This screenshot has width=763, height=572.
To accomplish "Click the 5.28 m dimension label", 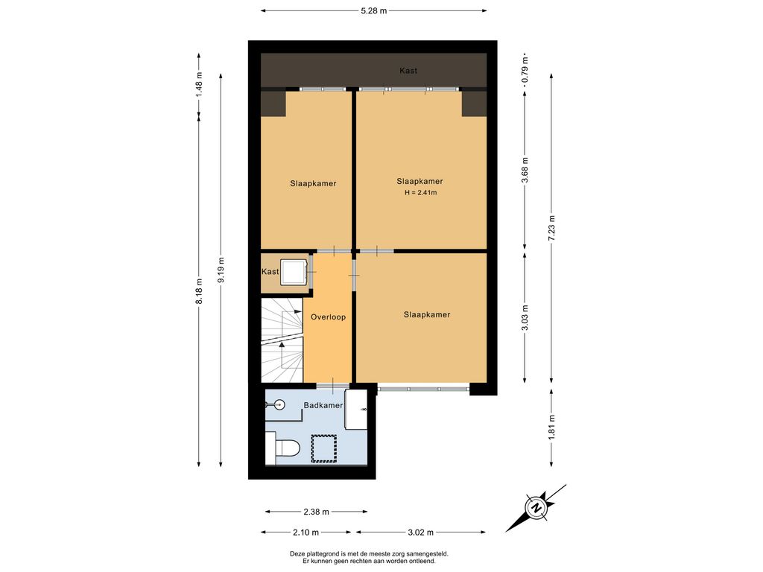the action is tap(374, 10).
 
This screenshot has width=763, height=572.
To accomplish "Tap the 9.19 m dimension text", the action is tap(221, 270).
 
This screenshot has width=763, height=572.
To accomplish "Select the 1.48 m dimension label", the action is tap(199, 85).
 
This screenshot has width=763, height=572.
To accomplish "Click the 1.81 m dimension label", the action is tap(551, 428).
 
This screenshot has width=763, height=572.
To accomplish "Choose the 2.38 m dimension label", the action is tap(316, 512).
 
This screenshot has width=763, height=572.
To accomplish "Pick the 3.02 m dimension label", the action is tap(420, 533).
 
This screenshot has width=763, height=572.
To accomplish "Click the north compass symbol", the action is tap(536, 508).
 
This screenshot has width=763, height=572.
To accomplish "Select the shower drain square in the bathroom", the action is tap(324, 448).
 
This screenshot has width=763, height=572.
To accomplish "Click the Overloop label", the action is tap(329, 317).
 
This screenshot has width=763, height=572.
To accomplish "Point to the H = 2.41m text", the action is tap(420, 193).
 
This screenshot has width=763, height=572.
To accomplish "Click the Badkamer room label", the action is tap(323, 405).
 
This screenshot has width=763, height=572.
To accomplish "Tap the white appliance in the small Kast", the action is tap(294, 271).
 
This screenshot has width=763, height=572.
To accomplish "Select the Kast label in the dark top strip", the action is tap(408, 71).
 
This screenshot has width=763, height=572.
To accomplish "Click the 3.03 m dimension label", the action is tap(525, 317).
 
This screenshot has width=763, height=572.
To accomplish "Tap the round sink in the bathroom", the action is tap(279, 404).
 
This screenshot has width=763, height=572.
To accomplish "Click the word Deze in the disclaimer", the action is tap(298, 553).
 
